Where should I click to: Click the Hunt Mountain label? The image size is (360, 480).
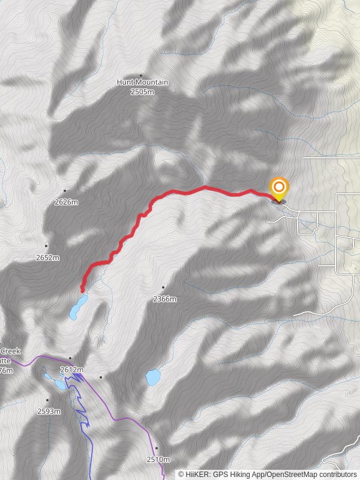[x=142, y=82]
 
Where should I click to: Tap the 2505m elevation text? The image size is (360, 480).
[x=143, y=91]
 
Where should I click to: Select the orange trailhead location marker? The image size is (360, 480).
[x=278, y=188]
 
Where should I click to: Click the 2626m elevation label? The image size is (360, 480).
[x=66, y=202]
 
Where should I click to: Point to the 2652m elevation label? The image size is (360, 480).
[x=47, y=257]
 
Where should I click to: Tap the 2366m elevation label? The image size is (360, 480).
[x=165, y=299]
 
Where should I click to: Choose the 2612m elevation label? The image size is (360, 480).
[x=71, y=370]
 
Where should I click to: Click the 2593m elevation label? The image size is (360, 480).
[x=49, y=411]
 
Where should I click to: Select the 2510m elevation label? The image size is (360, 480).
[x=158, y=460]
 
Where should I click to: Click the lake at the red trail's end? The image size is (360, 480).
[x=78, y=307]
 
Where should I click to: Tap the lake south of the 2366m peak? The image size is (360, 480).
[x=153, y=377]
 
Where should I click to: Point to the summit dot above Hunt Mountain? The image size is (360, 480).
[x=141, y=75]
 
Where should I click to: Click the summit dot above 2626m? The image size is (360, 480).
[x=65, y=191]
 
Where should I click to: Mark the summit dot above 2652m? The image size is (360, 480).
[x=46, y=246]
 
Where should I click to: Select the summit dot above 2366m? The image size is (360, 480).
[x=163, y=287]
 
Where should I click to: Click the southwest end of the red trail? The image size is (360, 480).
[x=82, y=291]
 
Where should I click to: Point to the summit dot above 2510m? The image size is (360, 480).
[x=156, y=448]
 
